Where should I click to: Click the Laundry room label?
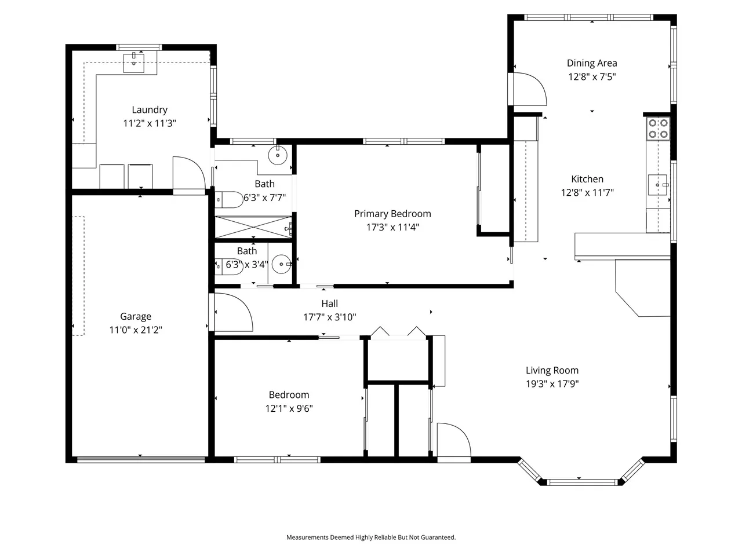150,109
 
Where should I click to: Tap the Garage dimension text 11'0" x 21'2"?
136,330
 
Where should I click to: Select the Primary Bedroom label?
392,214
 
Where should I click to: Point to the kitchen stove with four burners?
658,129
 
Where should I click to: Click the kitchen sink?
658,185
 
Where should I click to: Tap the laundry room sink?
133,63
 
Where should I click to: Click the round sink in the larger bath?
278,155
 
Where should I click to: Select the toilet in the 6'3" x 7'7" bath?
229,199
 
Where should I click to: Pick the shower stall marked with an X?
253,227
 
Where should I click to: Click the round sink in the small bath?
281,264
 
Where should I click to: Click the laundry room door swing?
189,173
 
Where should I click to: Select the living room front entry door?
454,440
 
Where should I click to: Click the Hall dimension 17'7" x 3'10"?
330,317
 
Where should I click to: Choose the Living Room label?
552,370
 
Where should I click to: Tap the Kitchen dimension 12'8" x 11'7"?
587,192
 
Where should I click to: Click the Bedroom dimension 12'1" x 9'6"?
289,408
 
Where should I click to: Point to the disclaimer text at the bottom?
371,537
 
